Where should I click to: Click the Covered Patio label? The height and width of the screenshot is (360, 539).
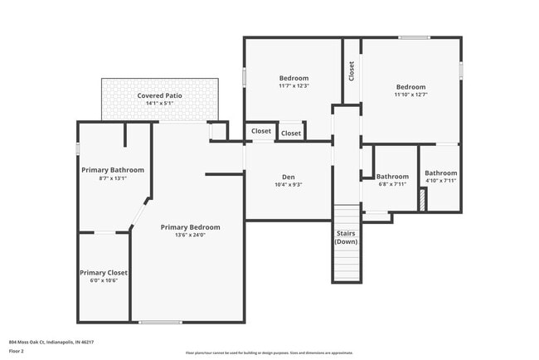point(159,95)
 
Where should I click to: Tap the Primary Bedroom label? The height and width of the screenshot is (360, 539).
point(191,226)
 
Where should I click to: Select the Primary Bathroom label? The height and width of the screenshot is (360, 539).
point(113,170)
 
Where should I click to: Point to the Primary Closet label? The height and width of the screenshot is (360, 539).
point(104,272)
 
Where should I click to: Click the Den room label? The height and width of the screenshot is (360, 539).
point(289,177)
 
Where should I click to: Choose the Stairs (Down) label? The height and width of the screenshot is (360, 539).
point(346,237)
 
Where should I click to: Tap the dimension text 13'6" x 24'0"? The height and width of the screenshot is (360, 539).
point(191,235)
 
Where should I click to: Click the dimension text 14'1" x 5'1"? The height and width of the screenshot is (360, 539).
point(159,104)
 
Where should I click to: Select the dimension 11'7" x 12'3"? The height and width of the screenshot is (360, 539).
point(294,86)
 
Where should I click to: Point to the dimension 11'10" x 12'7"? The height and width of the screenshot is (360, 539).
point(410,95)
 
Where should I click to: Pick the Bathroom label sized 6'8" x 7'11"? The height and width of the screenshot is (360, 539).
point(392,176)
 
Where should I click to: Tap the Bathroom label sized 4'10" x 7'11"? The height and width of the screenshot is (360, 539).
point(440,173)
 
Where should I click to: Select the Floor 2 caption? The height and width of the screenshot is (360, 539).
point(17,351)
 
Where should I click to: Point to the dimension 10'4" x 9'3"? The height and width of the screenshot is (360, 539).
point(289,185)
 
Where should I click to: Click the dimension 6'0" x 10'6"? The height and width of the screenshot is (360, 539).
point(104,280)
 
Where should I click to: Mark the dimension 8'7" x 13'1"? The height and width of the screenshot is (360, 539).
point(113,178)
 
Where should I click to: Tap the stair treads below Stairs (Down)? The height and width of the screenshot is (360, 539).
point(346,264)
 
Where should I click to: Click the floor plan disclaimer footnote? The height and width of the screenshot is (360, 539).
point(269,352)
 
